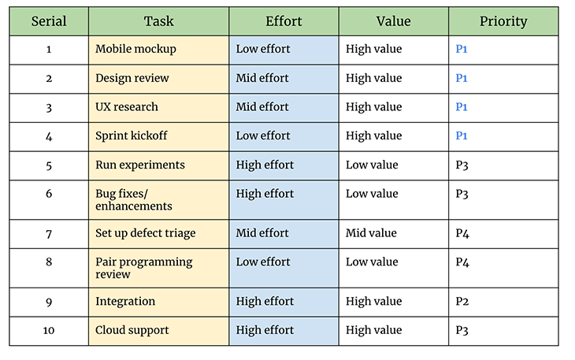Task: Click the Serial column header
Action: [x=49, y=21]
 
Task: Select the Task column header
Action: [x=158, y=21]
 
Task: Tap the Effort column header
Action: [x=284, y=21]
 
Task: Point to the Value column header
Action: [x=393, y=21]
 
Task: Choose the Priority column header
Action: [x=503, y=21]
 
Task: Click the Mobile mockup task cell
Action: [x=135, y=50]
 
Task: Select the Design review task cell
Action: [x=132, y=79]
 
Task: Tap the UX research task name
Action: [x=127, y=107]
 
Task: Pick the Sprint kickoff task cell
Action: [x=132, y=136]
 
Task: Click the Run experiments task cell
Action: [x=139, y=165]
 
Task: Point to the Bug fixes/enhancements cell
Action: [x=133, y=200]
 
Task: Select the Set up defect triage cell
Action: [x=145, y=233]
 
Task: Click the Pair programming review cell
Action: [x=143, y=268]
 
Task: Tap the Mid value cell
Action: [x=371, y=233]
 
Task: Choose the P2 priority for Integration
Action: [x=462, y=302]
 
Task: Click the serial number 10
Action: [x=49, y=331]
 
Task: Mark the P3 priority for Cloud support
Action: [x=462, y=331]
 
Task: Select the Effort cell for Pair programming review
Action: [x=263, y=262]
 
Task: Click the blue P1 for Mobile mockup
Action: [x=462, y=50]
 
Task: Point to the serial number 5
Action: [x=49, y=165]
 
